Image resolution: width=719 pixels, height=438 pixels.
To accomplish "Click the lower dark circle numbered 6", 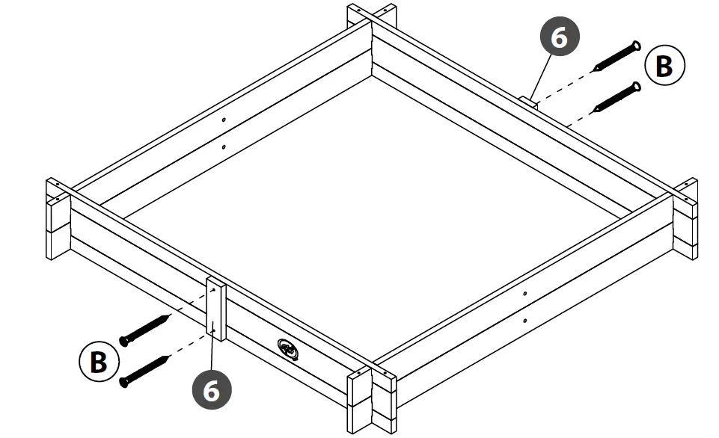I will click(212, 391).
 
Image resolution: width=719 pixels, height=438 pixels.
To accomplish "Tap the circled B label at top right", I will click(664, 66).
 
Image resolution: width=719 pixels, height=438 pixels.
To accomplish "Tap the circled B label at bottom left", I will click(98, 363).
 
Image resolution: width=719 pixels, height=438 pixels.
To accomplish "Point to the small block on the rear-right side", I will click(529, 101).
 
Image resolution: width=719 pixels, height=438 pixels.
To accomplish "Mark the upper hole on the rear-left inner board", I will click(224, 120).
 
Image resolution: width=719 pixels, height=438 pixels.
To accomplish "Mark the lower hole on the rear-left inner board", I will click(224, 146).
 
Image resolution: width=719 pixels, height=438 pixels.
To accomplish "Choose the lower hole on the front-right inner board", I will click(525, 321).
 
